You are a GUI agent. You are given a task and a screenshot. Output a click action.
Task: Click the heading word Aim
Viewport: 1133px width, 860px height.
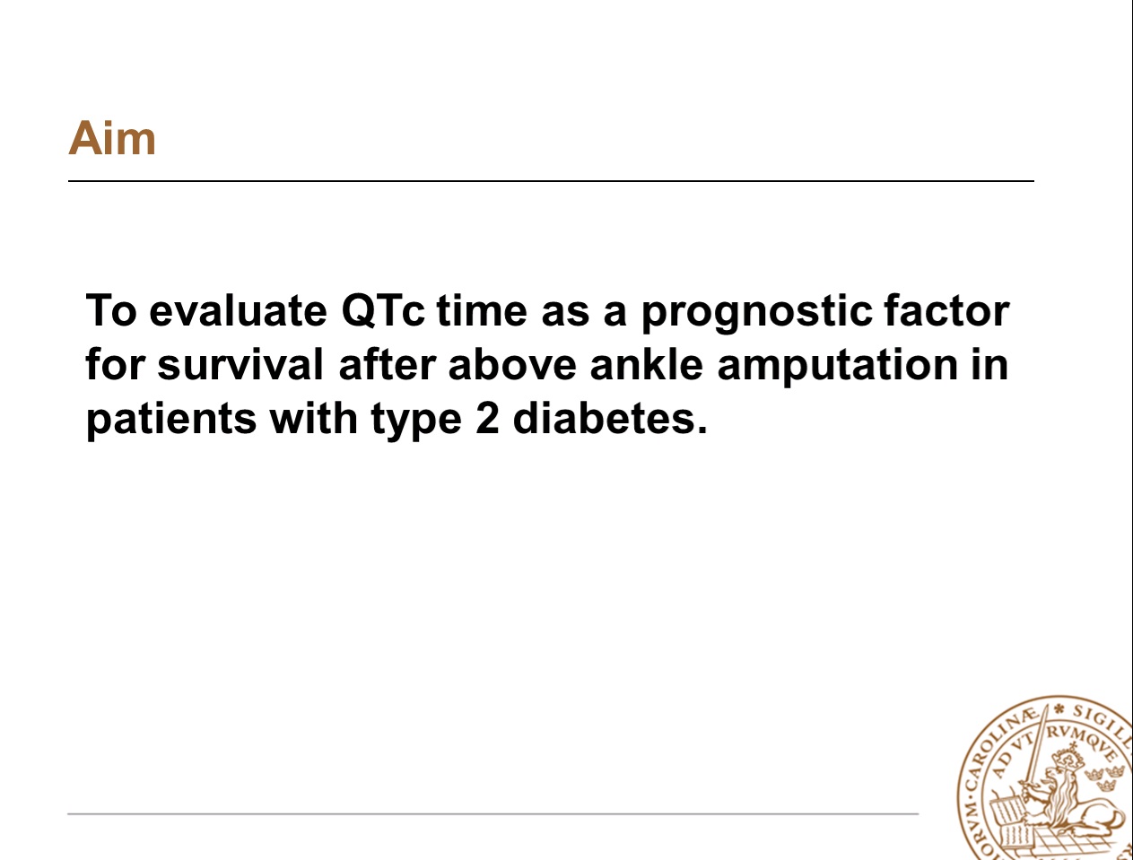112,138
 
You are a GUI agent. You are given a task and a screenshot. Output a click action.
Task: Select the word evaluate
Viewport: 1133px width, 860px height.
238,311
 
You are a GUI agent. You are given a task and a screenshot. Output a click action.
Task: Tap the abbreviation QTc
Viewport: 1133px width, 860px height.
383,311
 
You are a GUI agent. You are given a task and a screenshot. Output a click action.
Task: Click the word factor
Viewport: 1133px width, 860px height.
946,310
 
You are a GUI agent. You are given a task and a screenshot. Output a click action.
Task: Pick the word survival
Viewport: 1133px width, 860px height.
240,365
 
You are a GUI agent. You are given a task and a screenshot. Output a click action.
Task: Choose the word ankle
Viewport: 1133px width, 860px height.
646,364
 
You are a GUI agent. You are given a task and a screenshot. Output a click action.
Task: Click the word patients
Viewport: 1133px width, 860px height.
171,421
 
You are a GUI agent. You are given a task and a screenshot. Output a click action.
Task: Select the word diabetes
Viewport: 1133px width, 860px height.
610,418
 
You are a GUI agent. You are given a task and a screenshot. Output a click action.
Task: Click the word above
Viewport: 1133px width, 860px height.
512,365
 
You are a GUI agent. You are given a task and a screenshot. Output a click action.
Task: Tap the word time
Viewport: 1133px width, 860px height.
482,311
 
